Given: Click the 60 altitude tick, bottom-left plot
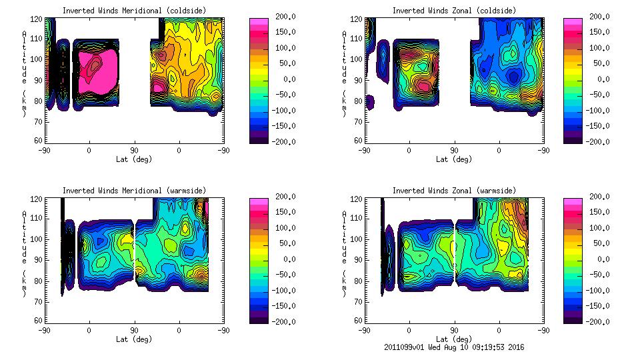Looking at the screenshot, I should [x=39, y=320].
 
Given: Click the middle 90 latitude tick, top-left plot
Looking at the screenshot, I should [x=134, y=151].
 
